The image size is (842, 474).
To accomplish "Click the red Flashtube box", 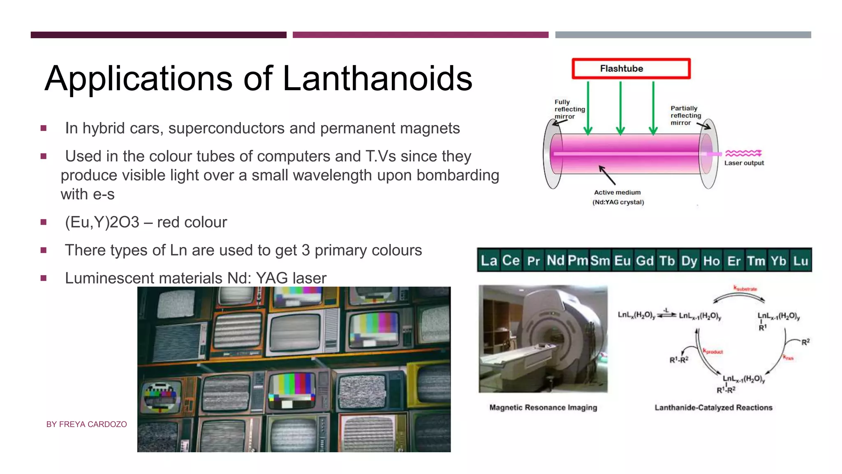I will click(631, 69).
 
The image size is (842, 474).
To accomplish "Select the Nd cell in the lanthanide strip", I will click(555, 260).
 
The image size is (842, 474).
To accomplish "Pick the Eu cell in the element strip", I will click(622, 260).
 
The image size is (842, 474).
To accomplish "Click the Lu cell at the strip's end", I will click(800, 260).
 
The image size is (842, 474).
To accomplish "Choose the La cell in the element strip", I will click(489, 260).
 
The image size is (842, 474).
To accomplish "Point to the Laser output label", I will click(744, 163).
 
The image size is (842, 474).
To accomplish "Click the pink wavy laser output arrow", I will click(743, 153).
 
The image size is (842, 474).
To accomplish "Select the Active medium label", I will click(617, 192).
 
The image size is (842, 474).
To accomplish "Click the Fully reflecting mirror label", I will click(569, 109).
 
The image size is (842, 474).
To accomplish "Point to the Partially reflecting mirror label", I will click(685, 115).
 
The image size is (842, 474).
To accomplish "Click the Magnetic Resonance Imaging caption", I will click(543, 407).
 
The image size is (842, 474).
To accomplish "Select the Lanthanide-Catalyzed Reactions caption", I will click(713, 407).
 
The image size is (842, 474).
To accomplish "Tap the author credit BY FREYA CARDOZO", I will click(86, 424).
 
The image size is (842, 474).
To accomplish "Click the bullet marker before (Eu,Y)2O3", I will click(44, 222).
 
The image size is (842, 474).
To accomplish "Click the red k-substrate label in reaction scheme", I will click(745, 288).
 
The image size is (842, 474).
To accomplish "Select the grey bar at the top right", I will click(683, 35).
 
